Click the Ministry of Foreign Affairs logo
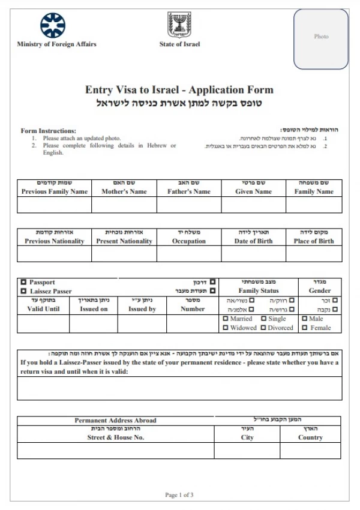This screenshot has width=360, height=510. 53,25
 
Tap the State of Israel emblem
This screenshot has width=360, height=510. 179,25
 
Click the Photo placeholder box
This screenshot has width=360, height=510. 321,38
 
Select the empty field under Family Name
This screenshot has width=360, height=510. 314,205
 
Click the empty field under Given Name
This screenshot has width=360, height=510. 253,205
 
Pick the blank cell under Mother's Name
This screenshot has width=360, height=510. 124,205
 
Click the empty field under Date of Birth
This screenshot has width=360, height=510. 253,254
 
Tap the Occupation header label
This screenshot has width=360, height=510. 189,241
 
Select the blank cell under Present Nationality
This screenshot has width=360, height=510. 124,254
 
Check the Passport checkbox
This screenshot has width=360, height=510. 23,282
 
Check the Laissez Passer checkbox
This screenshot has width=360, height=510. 23,291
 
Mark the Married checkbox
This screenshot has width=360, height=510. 226,319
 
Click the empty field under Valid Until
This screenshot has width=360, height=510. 43,323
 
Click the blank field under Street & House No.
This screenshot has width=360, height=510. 115,450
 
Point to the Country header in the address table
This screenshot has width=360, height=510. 310,437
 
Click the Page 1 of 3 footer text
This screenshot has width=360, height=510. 179,495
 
